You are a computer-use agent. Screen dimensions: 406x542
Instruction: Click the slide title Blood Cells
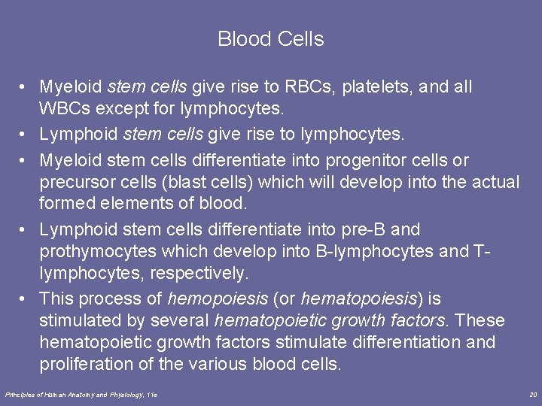point(270,39)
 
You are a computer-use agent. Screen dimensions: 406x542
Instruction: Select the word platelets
point(376,87)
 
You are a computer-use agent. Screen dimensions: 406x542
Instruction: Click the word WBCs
point(62,109)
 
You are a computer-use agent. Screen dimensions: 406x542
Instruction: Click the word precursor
point(75,182)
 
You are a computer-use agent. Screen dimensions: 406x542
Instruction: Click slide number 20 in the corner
point(533,395)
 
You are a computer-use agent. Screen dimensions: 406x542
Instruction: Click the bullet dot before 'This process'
point(25,298)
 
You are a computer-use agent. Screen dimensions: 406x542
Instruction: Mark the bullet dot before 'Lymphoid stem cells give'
point(25,135)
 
